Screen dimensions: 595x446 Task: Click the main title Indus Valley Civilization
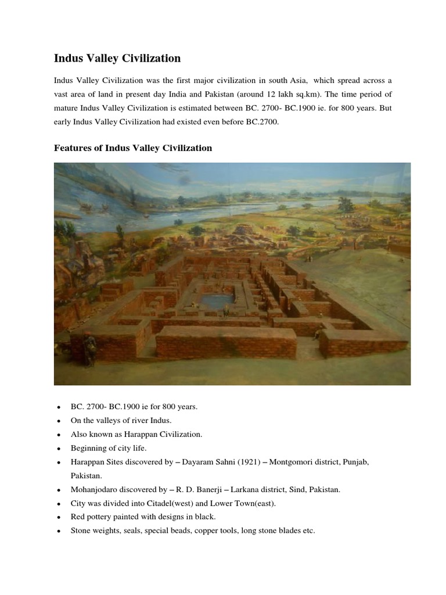[x=117, y=58]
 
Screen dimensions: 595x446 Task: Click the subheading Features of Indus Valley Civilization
[x=133, y=148]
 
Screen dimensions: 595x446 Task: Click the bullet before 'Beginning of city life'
[x=58, y=449]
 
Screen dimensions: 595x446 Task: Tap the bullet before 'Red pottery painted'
[x=58, y=517]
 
